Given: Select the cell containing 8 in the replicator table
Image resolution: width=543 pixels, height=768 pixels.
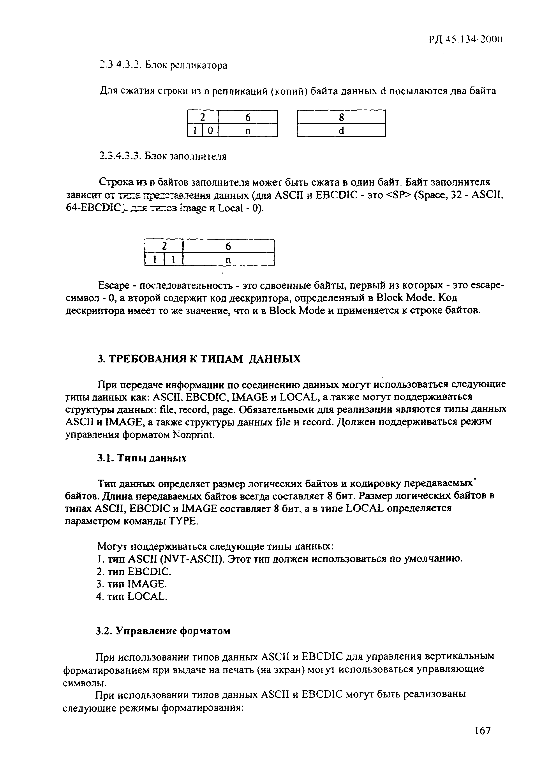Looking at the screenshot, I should coord(341,117).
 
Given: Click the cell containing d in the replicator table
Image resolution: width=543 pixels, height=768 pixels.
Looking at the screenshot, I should coord(341,131).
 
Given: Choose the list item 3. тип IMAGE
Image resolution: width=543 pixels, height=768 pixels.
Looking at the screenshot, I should coord(131,584).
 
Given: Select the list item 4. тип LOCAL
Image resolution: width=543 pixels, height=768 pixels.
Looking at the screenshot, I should coord(131,596).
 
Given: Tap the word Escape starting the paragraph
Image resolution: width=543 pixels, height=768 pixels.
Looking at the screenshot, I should coord(114,286).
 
